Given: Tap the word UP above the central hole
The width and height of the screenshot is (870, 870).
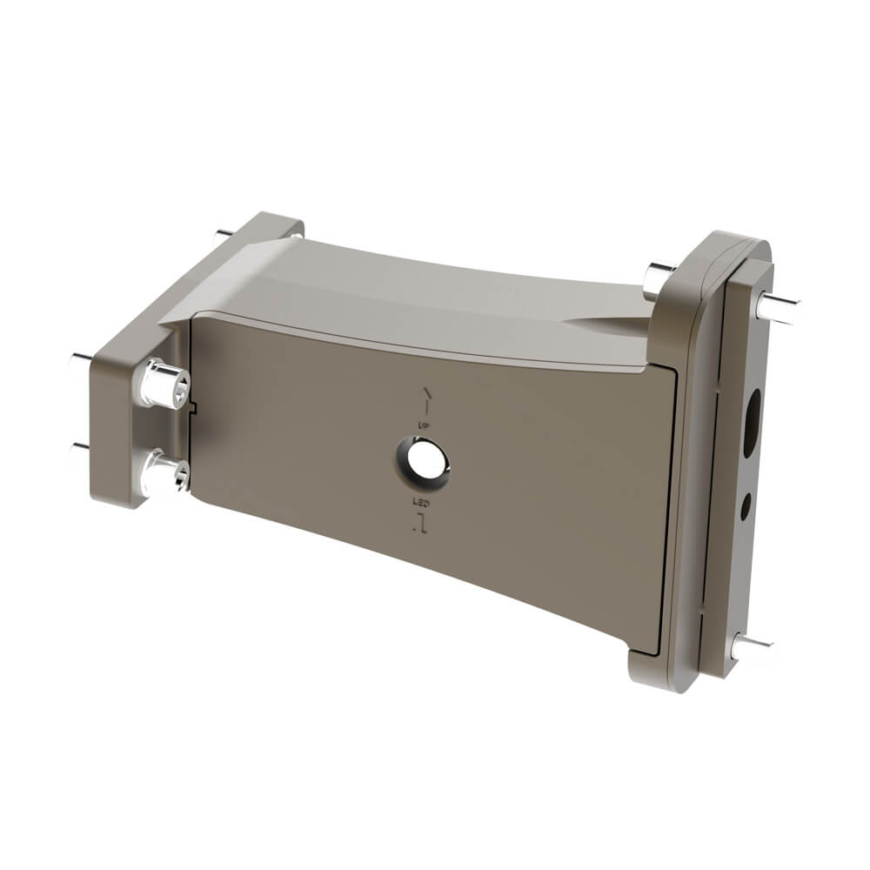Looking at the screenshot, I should coord(425,424).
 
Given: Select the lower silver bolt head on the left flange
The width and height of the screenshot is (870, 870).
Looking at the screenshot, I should coord(165,474).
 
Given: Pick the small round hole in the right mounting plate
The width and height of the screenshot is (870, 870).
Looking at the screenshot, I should coord(746,505).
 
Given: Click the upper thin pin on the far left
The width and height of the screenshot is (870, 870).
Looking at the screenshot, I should coord(81,358).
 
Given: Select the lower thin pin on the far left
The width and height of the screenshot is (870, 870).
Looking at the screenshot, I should coord(80,447).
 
